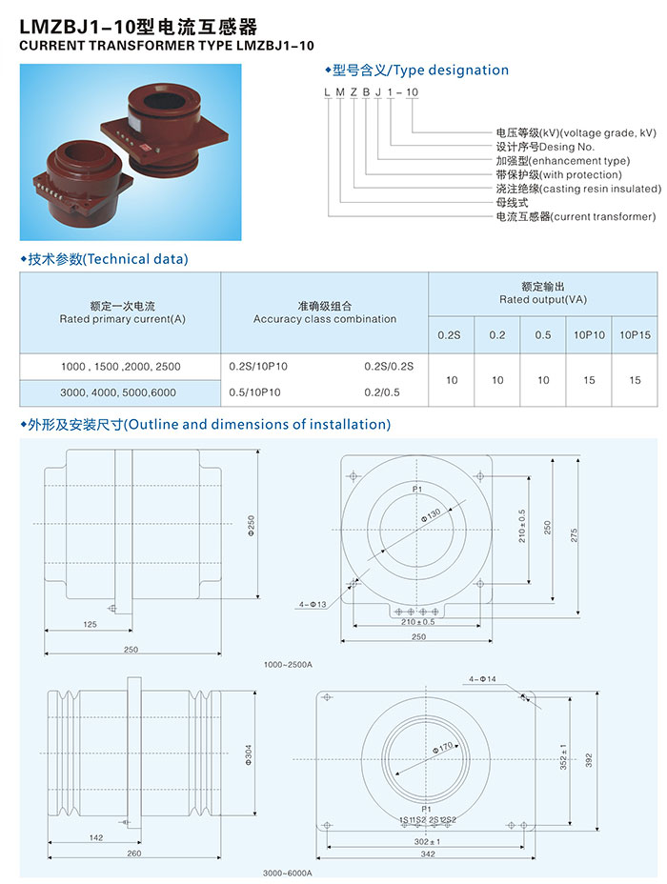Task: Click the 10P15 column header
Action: click(635, 335)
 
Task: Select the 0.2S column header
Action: click(449, 335)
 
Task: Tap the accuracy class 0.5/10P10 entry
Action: click(254, 392)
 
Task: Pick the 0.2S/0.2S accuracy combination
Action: click(389, 367)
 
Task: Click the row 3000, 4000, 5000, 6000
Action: click(118, 392)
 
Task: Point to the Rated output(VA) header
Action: click(543, 300)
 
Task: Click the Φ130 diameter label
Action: click(431, 515)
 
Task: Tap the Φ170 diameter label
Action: click(442, 748)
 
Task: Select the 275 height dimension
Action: click(574, 535)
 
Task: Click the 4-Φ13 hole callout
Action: click(313, 604)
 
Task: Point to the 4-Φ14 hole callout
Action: click(482, 679)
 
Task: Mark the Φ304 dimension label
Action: click(249, 754)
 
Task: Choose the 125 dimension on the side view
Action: click(90, 624)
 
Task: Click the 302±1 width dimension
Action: click(428, 841)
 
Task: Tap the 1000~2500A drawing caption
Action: click(288, 665)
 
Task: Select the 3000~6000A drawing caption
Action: click(287, 874)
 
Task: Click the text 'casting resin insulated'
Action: click(601, 189)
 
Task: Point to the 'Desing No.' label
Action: click(567, 147)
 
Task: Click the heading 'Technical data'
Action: click(135, 259)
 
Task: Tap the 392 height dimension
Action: click(589, 760)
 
